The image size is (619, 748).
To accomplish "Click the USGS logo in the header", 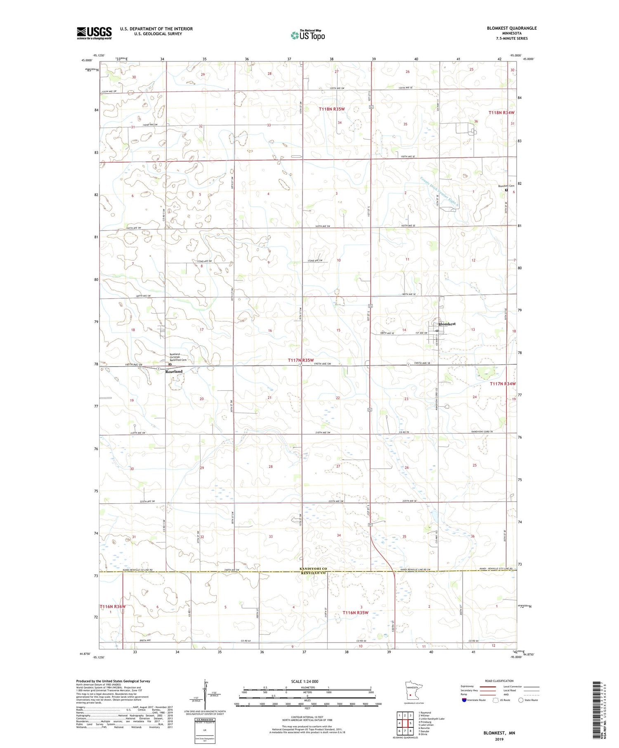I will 94,33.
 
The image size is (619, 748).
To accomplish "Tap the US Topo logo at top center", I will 308,35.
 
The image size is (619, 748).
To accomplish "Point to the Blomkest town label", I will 447,324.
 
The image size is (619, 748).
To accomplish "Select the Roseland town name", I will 174,372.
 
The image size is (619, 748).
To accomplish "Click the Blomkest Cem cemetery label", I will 506,186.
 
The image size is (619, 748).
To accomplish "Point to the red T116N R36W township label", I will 112,606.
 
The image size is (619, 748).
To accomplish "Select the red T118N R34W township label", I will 501,113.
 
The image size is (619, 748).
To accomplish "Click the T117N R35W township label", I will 301,360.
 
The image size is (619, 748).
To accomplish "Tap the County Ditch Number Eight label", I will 439,192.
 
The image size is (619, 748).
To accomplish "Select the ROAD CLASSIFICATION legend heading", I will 499,681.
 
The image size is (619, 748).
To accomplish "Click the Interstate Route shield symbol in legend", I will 464,700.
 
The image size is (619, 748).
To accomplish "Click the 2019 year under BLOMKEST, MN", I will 499,739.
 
